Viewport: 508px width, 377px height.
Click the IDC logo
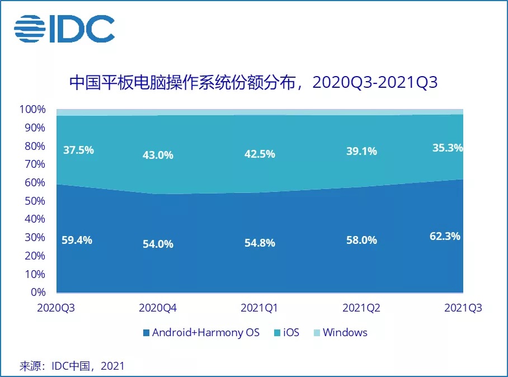click(x=64, y=29)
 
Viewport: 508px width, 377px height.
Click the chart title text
click(x=253, y=83)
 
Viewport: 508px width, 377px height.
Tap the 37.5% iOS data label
click(x=78, y=150)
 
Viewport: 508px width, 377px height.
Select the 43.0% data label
click(x=157, y=155)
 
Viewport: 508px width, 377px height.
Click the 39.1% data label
click(x=361, y=151)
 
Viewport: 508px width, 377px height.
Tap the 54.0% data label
click(x=157, y=244)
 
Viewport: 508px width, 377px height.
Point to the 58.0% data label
click(x=361, y=241)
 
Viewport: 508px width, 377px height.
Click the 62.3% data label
click(x=445, y=236)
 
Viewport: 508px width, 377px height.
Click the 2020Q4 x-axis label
click(x=157, y=308)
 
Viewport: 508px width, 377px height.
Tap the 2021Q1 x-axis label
click(x=260, y=308)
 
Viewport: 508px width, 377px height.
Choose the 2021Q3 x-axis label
click(x=462, y=308)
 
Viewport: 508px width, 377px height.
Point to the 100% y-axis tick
click(x=33, y=109)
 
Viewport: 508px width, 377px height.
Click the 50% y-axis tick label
click(x=35, y=201)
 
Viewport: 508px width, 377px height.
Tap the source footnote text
click(x=72, y=366)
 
